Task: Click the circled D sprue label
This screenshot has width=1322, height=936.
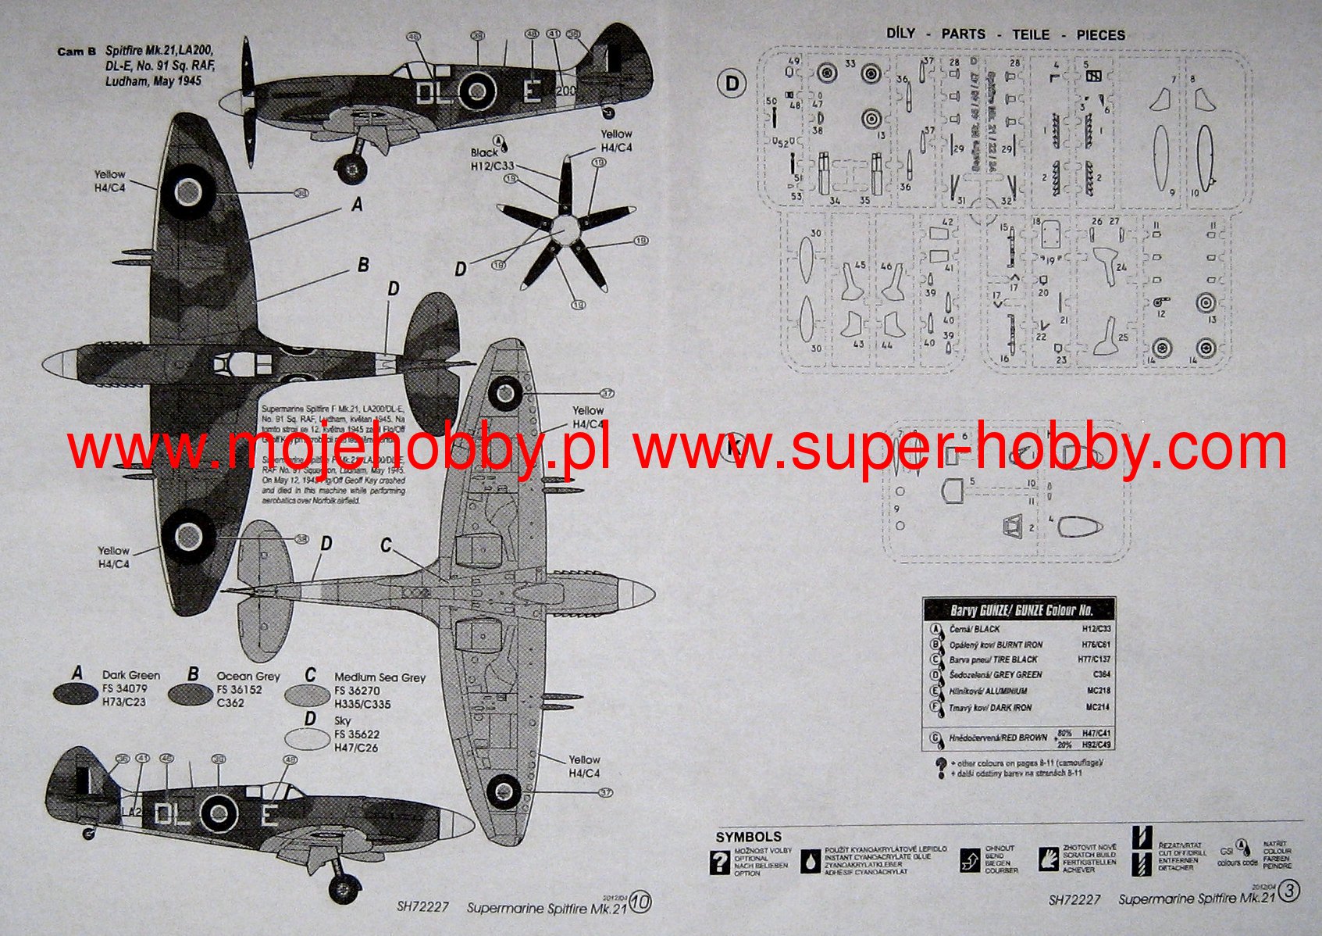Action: click(x=732, y=83)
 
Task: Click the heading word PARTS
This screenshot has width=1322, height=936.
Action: click(x=963, y=34)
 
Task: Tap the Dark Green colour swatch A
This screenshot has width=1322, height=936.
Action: click(x=77, y=693)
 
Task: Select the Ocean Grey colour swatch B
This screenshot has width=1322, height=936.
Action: click(x=191, y=695)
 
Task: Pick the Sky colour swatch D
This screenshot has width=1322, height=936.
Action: click(x=307, y=738)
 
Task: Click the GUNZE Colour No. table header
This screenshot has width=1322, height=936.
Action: click(x=1020, y=610)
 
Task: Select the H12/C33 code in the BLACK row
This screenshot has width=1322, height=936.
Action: click(x=1096, y=628)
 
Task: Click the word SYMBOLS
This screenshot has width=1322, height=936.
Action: click(x=748, y=838)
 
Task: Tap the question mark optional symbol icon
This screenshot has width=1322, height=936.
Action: click(x=719, y=862)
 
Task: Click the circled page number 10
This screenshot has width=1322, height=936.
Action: click(x=640, y=902)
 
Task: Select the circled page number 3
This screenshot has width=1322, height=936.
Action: click(x=1289, y=891)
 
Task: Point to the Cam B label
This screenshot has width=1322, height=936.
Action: click(x=77, y=52)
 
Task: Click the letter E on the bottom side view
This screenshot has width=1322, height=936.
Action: click(x=268, y=815)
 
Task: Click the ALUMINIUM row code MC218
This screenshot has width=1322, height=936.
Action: click(x=1098, y=691)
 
